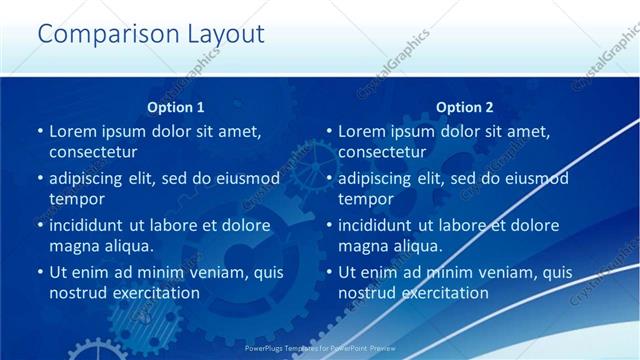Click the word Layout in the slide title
(223, 35)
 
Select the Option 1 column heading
(175, 107)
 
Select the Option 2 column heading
(464, 107)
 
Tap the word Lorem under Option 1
(73, 131)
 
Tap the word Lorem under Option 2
(362, 131)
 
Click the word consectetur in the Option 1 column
(93, 152)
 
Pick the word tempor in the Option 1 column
(76, 199)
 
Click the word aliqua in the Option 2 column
(413, 246)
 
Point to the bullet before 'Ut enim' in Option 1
(39, 272)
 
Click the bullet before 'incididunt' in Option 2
(328, 225)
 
